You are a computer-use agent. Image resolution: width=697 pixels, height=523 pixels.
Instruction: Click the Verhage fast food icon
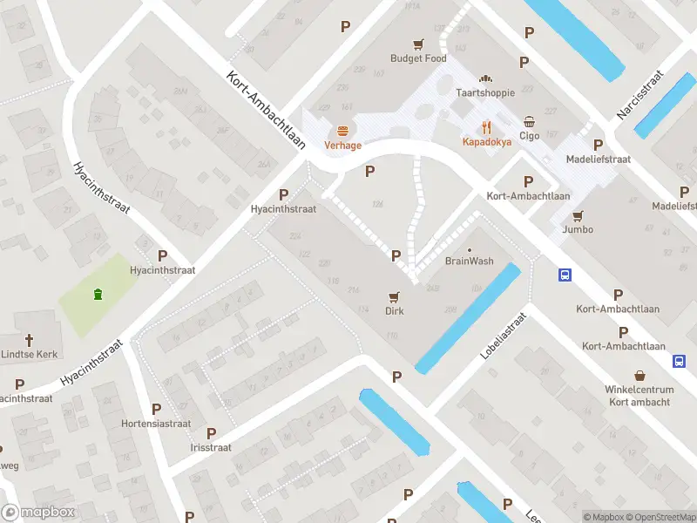(343, 131)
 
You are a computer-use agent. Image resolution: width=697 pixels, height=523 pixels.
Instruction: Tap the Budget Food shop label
(418, 58)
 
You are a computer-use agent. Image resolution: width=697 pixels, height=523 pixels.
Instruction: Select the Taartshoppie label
(485, 92)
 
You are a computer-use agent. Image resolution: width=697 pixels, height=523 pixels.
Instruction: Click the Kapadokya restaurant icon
(486, 126)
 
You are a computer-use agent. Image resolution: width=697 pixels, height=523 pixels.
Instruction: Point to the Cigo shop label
(529, 135)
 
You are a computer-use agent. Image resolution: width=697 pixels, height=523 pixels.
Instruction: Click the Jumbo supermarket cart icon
(578, 215)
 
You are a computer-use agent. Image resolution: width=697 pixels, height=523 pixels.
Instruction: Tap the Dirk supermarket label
(395, 310)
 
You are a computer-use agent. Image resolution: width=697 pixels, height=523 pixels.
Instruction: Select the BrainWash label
(470, 261)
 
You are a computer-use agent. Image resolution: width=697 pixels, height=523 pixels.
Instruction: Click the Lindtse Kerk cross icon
(29, 340)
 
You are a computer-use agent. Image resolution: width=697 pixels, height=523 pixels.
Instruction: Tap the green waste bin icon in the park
(98, 294)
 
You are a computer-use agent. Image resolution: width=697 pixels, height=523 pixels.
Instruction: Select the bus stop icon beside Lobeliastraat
(565, 275)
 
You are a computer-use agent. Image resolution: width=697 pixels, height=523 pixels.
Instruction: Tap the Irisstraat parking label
(212, 447)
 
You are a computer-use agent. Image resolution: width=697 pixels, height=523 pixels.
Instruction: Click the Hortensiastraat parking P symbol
(157, 409)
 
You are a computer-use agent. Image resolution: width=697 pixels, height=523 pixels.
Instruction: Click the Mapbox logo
(38, 513)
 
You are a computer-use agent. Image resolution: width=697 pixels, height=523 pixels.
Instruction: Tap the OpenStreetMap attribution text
(660, 517)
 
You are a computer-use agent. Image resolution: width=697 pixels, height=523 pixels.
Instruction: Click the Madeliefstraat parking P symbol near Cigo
(598, 145)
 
